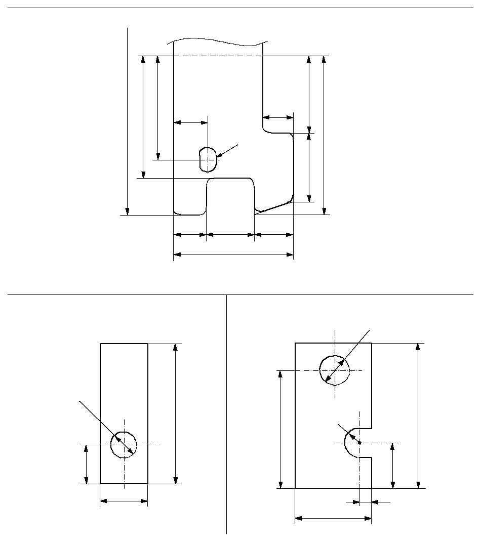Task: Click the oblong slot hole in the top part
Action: tap(208, 159)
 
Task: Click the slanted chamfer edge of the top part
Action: tap(273, 207)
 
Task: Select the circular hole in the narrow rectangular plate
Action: tap(124, 445)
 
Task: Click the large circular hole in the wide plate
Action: tap(334, 369)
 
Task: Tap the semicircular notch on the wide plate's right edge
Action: tap(352, 443)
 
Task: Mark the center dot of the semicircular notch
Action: tap(359, 443)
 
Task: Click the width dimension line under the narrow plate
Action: tap(124, 501)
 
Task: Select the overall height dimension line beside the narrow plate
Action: tap(175, 413)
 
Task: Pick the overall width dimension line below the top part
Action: tap(233, 255)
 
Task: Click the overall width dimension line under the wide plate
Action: tap(333, 518)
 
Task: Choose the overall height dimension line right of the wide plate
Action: tap(418, 415)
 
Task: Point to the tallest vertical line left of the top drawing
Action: tap(128, 121)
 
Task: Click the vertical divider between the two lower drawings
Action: tap(226, 415)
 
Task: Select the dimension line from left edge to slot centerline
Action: tap(190, 122)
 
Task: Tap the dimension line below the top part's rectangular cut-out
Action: tap(230, 235)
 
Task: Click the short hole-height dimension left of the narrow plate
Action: tap(87, 464)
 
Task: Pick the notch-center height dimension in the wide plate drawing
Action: tap(392, 466)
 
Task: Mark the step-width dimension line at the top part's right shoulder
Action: tap(278, 117)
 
